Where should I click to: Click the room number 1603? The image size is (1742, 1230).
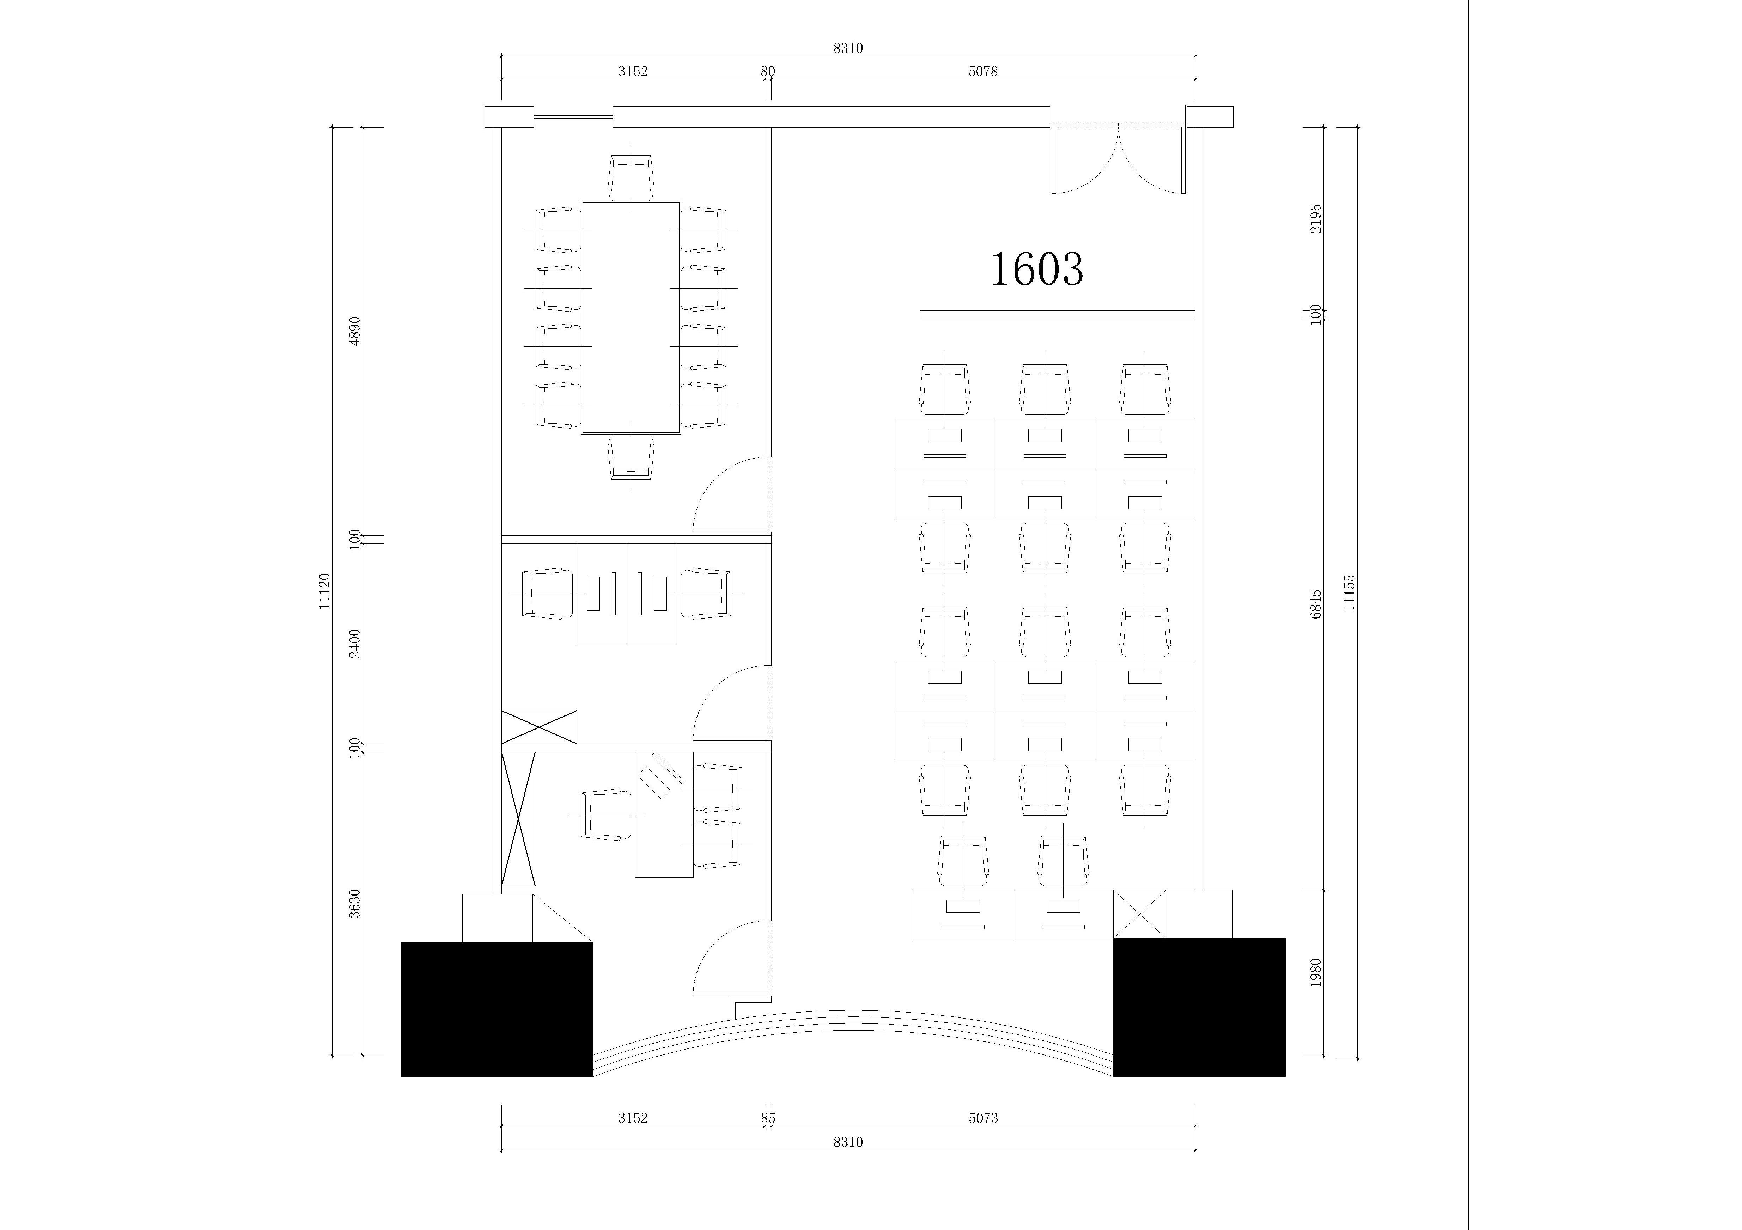(1037, 269)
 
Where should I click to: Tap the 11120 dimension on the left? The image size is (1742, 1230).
(325, 591)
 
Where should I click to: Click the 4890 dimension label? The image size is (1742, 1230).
(354, 331)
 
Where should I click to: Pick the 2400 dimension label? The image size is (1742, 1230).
(354, 643)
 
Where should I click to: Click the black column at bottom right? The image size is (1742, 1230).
(1199, 1007)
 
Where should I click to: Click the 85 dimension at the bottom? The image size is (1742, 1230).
(768, 1118)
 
